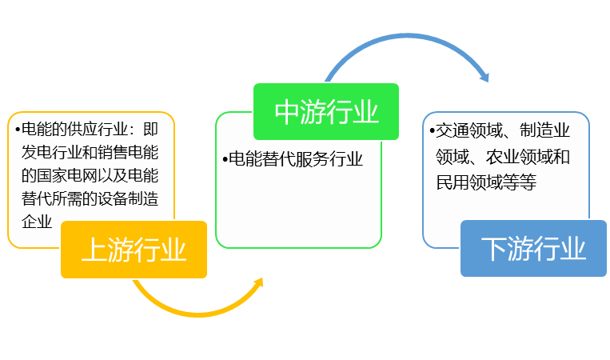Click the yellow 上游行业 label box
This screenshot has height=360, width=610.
click(134, 250)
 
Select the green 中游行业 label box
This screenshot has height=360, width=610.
click(325, 111)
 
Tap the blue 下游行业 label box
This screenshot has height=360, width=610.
click(533, 249)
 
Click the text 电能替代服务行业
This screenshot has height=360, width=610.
click(296, 159)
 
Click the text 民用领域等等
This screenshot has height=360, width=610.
click(485, 183)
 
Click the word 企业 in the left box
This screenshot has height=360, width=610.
click(36, 221)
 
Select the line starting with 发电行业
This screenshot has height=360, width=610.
click(90, 151)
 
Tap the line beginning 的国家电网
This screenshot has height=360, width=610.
click(90, 174)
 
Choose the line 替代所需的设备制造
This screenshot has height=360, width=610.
click(90, 198)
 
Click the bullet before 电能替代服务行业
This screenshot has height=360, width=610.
click(225, 159)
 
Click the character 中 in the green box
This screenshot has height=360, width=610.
click(287, 111)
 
